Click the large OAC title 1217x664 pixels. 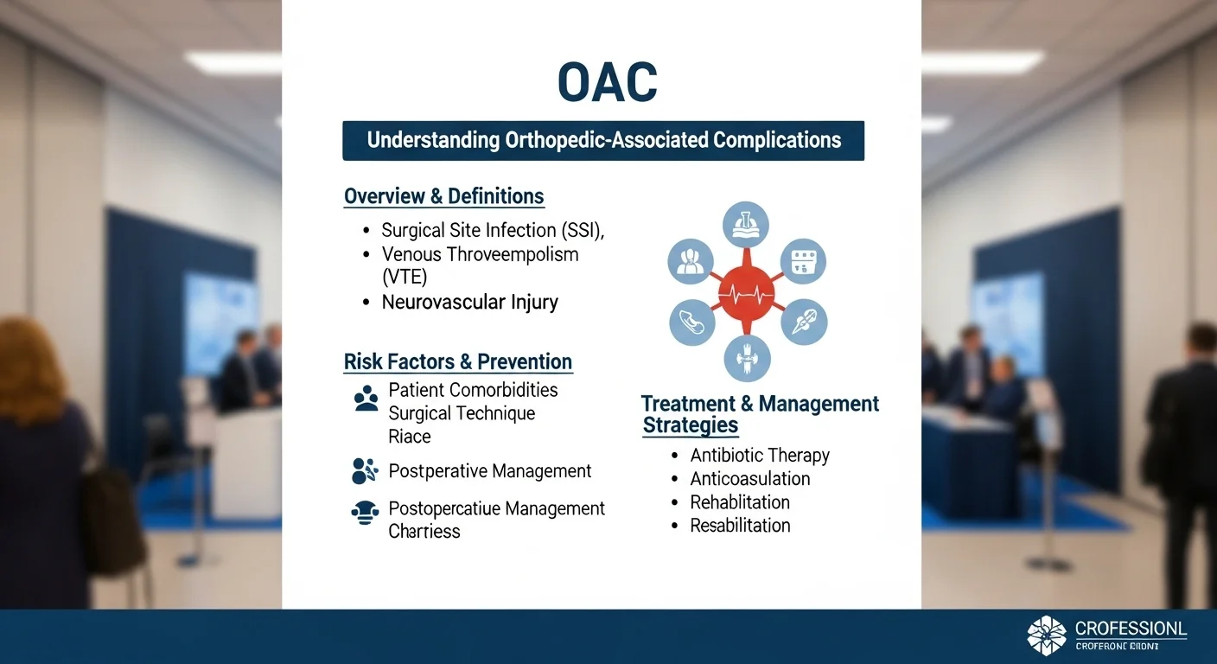click(x=607, y=84)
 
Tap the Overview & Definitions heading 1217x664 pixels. click(x=443, y=196)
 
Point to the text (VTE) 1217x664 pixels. click(x=405, y=277)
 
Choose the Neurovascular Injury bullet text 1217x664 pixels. click(x=469, y=303)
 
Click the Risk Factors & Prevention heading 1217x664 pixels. click(x=457, y=361)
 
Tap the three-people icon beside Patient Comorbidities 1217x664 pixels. click(x=366, y=399)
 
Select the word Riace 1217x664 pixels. click(x=409, y=437)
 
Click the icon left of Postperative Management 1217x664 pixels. click(x=365, y=471)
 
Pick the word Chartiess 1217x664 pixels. click(x=424, y=532)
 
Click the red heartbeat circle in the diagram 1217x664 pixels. click(x=747, y=293)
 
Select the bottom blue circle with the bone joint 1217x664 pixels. click(x=746, y=358)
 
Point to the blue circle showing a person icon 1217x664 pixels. click(x=691, y=261)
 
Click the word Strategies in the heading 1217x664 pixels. click(x=691, y=425)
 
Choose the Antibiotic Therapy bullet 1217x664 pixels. click(x=759, y=456)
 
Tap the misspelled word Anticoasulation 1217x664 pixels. click(x=749, y=479)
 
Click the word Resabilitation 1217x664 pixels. click(x=740, y=526)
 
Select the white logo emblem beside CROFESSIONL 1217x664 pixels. click(x=1047, y=635)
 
